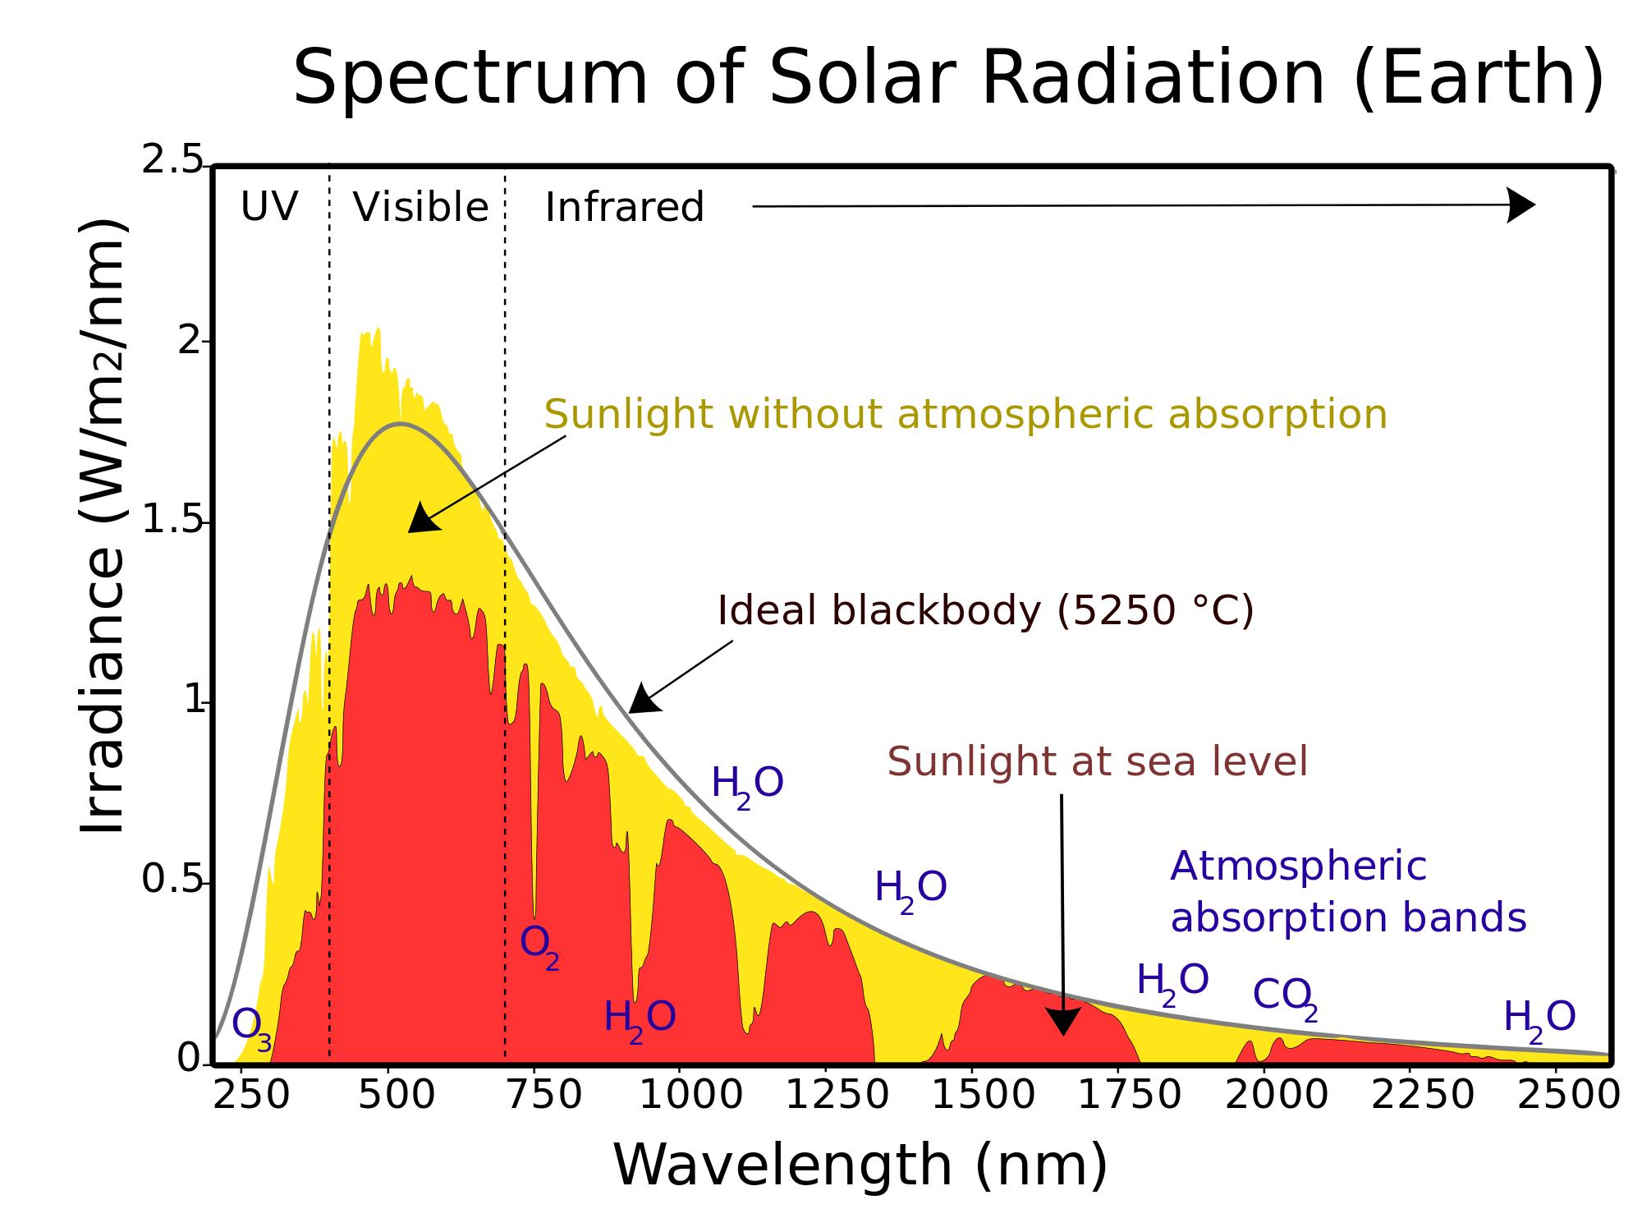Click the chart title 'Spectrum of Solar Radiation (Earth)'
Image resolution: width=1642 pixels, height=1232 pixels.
(948, 79)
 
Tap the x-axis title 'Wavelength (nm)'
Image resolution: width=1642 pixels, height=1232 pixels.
(860, 1165)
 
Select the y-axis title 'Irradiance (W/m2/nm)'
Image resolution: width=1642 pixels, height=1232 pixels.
(102, 526)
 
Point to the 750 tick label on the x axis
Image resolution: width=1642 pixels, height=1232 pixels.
(544, 1095)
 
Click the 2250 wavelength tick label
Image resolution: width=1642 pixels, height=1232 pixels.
(1423, 1095)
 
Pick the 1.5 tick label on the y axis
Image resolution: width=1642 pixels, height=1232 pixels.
(172, 520)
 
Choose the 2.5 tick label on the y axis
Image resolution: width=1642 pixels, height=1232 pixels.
(172, 159)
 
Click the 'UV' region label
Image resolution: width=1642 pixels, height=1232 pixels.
(268, 207)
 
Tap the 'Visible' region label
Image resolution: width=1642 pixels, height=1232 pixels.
(420, 207)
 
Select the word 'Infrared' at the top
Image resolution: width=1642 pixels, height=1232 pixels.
(625, 207)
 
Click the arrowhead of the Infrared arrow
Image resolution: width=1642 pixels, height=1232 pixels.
(1521, 205)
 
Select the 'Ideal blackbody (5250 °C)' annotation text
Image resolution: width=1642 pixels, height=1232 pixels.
(986, 611)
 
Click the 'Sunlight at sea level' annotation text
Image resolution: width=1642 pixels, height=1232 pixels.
(1098, 762)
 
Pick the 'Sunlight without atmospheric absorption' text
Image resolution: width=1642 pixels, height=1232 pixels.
(965, 415)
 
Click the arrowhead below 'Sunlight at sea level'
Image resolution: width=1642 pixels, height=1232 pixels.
(1063, 1020)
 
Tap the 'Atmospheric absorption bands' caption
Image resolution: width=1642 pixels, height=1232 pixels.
(1348, 892)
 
